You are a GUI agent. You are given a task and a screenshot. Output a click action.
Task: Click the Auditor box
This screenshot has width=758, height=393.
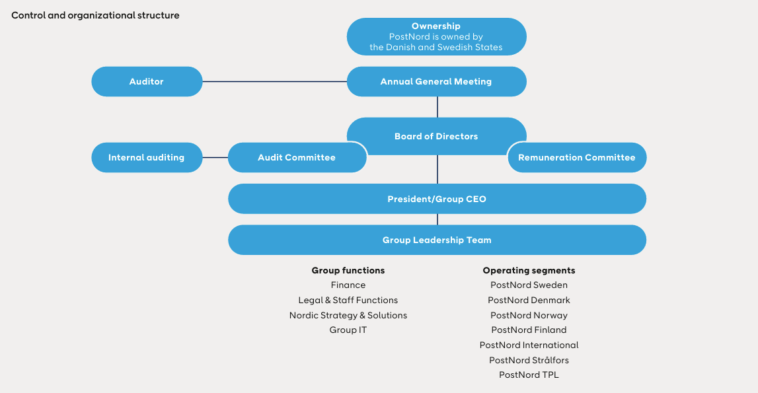(x=146, y=81)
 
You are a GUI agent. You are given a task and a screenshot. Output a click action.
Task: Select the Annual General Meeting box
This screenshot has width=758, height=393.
(x=436, y=81)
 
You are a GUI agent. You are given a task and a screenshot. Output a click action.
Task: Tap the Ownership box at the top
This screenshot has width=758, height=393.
(x=436, y=36)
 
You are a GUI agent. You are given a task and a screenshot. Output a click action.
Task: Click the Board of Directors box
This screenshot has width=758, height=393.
(x=436, y=132)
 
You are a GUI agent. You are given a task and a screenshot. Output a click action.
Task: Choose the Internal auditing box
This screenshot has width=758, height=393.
(x=146, y=157)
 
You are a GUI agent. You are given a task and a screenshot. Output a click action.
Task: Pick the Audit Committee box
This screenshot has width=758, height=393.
(x=297, y=157)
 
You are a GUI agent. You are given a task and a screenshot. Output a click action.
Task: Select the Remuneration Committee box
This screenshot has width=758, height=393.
(x=576, y=157)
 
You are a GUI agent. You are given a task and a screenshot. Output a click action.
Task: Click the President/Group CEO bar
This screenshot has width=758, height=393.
(x=436, y=199)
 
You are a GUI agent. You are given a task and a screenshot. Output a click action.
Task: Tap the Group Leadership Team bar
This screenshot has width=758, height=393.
(x=436, y=240)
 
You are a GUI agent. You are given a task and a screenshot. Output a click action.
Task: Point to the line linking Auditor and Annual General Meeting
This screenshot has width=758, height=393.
(x=274, y=81)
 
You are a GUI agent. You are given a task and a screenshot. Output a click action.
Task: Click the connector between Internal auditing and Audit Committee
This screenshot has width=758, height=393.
(x=215, y=157)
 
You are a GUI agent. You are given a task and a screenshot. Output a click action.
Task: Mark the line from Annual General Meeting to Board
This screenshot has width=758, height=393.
(x=437, y=107)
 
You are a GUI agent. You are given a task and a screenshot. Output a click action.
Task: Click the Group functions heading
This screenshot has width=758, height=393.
(x=348, y=270)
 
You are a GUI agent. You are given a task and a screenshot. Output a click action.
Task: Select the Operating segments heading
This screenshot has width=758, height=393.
(x=529, y=270)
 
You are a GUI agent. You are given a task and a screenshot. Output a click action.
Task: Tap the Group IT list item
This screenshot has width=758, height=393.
(x=348, y=330)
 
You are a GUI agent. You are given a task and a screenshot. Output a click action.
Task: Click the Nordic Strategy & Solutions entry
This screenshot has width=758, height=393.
(x=348, y=315)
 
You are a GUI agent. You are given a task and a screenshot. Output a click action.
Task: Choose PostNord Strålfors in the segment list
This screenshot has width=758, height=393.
(x=529, y=360)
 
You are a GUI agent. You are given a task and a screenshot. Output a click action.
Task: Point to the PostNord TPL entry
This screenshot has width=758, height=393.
(x=529, y=375)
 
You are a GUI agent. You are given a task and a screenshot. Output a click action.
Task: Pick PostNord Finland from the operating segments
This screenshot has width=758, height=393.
(x=529, y=330)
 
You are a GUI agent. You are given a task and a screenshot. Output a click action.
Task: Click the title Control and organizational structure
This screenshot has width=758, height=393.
(x=95, y=15)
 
